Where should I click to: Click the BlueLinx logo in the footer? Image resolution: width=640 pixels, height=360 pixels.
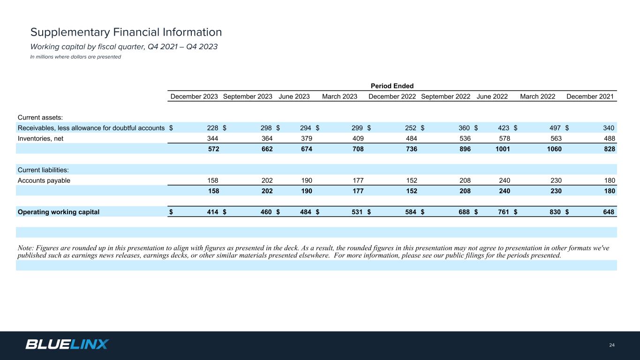67,344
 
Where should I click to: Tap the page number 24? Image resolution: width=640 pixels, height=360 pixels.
611,345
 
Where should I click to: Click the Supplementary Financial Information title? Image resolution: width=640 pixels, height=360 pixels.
126,32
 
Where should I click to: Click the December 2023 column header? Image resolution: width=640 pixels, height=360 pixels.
194,97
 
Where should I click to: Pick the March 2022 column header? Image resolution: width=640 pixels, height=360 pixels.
537,97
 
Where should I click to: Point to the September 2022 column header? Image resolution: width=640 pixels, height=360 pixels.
445,97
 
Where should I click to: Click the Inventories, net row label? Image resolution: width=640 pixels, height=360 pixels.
40,138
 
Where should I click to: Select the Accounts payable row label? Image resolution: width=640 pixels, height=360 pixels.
44,180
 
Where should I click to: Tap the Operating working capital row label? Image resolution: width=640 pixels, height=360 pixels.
59,212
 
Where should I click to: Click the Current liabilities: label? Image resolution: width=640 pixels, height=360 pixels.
43,170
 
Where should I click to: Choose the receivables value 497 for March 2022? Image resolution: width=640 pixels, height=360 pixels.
556,128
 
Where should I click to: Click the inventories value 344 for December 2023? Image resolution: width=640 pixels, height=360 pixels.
213,138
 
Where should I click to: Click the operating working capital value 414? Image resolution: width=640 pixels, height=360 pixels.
213,212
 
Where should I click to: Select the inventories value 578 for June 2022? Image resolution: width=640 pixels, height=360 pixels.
504,138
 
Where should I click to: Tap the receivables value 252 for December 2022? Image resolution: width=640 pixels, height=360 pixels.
411,128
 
